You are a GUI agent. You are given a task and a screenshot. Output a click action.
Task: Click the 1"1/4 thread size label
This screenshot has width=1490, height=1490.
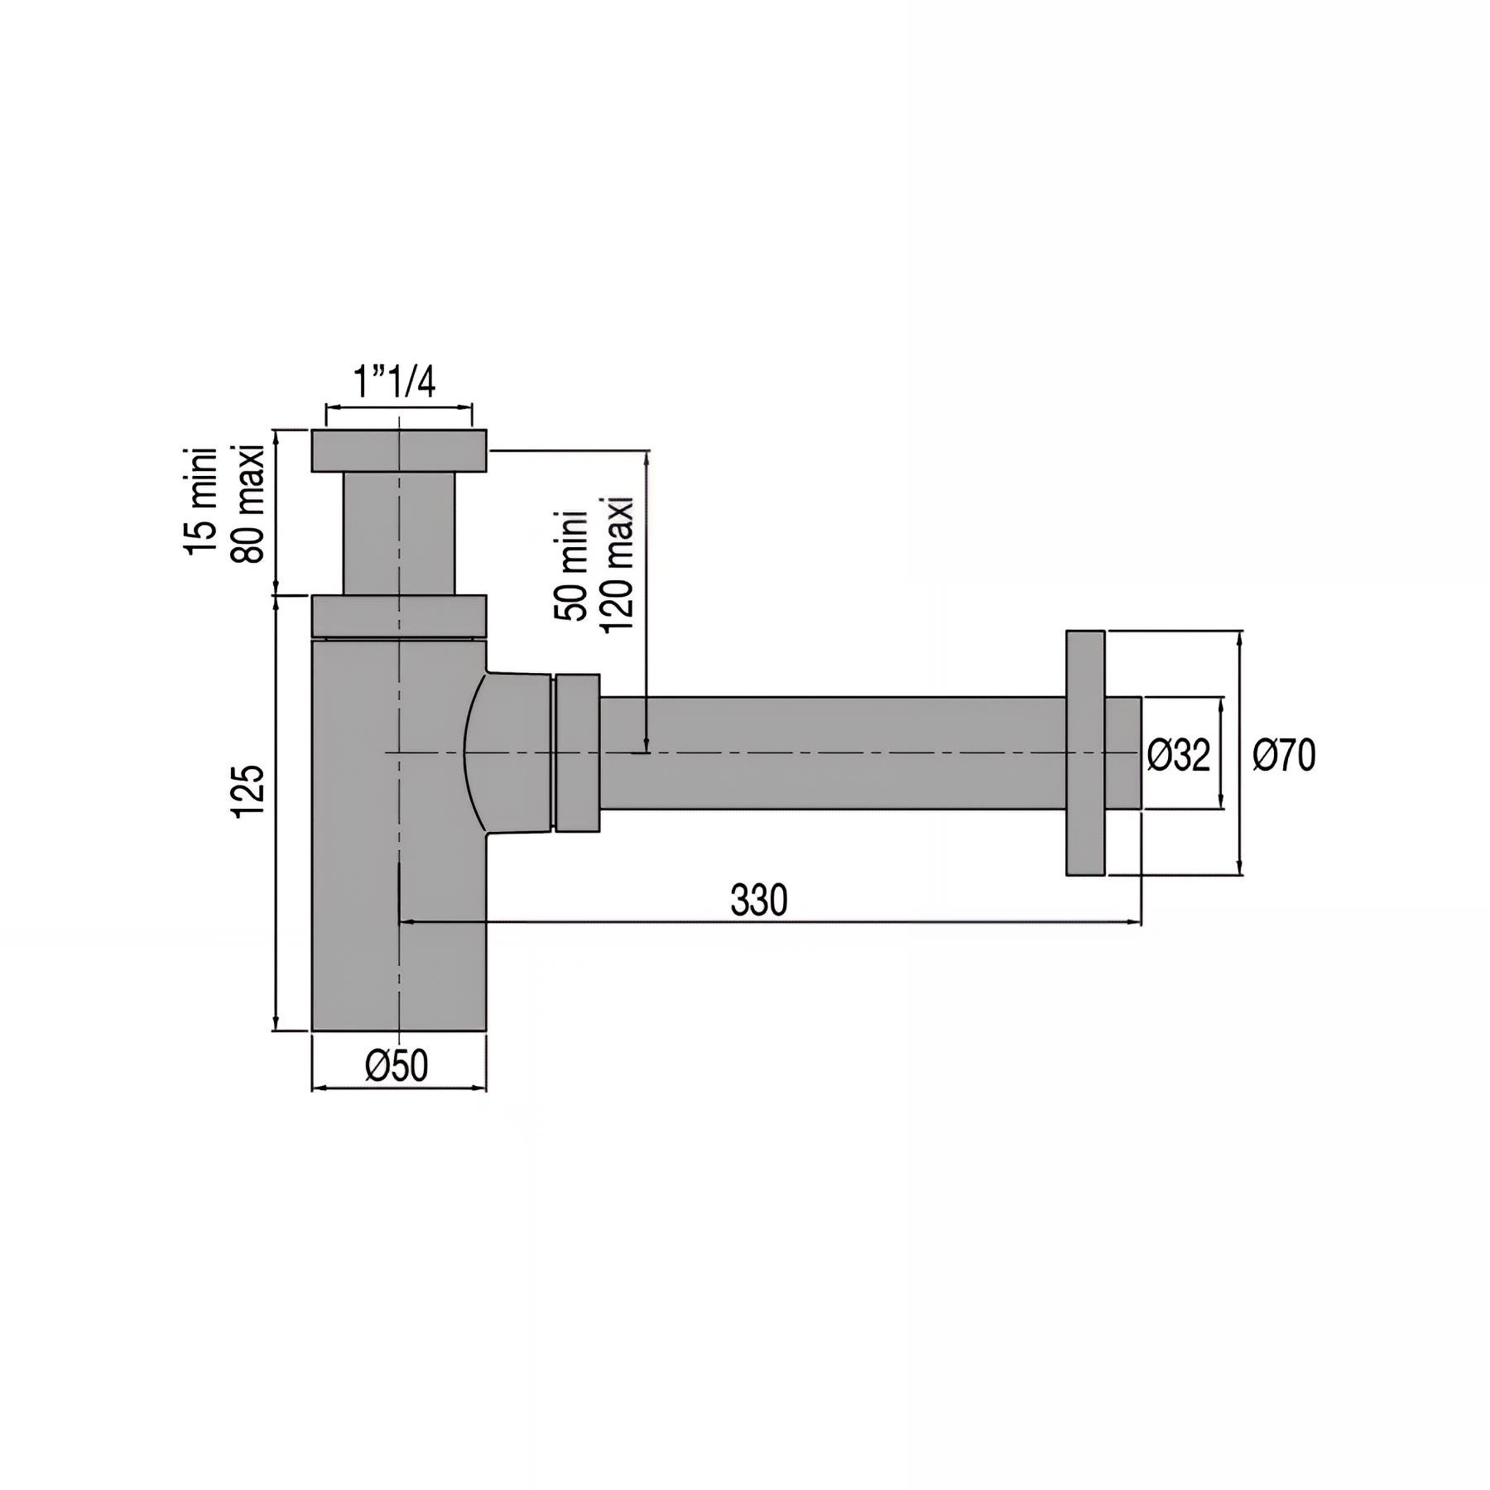coord(395,382)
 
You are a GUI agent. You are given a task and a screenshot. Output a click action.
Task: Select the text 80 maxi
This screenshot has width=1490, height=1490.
coord(248,503)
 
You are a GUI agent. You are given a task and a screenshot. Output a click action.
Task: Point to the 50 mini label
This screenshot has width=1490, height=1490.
coord(571,565)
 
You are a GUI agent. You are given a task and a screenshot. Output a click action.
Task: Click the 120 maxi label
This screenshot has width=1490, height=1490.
coord(617,565)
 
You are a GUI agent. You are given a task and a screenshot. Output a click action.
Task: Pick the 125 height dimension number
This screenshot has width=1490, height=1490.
coord(248,792)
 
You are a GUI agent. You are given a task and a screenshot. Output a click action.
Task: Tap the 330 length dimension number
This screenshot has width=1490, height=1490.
coord(758,901)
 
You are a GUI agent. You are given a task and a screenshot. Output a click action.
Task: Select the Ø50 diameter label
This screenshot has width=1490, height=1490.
coord(397,1066)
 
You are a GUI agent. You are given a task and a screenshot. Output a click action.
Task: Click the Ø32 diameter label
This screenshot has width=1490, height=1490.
coord(1179,754)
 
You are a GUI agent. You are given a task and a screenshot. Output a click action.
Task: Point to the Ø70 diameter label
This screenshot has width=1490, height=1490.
coord(1284,756)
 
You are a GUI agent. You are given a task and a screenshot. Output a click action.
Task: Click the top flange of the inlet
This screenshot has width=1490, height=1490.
coord(399,450)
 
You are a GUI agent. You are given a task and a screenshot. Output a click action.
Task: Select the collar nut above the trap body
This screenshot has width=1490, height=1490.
coord(399,615)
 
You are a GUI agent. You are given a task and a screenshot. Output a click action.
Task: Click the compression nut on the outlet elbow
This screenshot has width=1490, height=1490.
coord(577,752)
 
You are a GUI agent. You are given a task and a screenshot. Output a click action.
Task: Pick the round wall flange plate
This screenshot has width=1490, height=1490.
coord(1084,752)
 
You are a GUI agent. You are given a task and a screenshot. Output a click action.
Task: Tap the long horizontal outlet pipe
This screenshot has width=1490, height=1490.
coord(828,752)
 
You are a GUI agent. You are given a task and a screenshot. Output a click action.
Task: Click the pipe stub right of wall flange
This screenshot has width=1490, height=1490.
coord(1123,752)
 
